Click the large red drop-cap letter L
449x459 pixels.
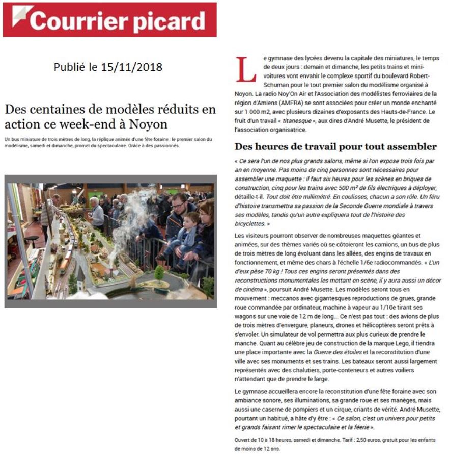tap(246, 69)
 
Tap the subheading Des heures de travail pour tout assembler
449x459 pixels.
tap(335, 147)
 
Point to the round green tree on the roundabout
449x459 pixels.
tap(159, 273)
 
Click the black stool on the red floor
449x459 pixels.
tap(32, 240)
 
